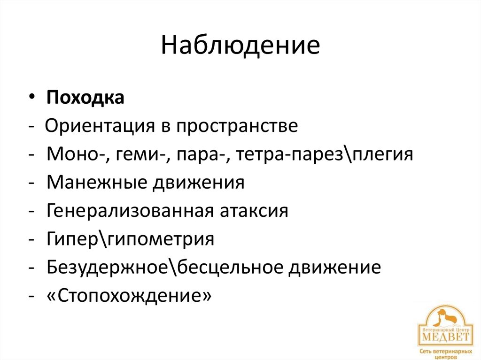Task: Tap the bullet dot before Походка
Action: tap(31, 99)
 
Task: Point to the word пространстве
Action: tap(237, 127)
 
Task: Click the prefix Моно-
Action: tap(76, 154)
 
